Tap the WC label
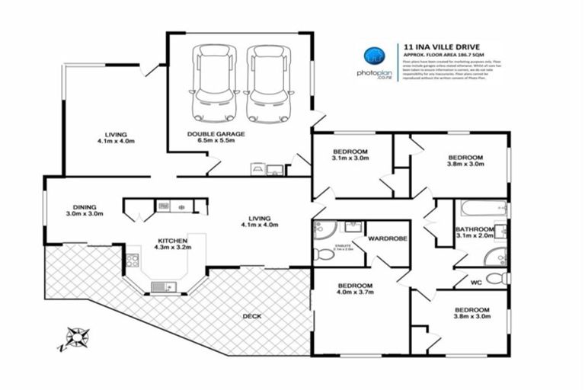tap(476, 283)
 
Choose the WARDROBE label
tap(388, 238)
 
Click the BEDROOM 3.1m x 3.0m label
tap(350, 154)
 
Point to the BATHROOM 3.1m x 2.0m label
tap(475, 233)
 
